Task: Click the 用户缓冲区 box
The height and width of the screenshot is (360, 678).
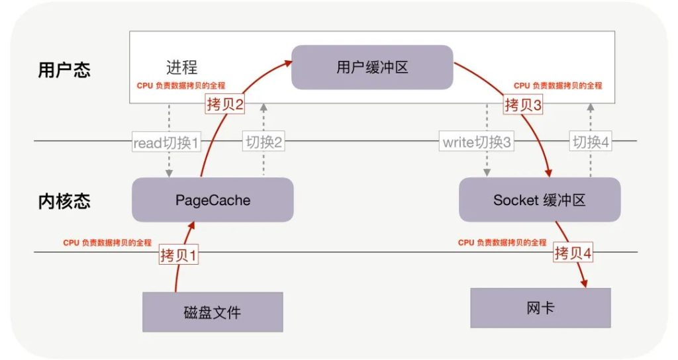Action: click(371, 67)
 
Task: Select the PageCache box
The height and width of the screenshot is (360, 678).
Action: click(213, 199)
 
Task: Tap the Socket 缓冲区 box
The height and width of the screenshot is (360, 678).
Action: click(540, 199)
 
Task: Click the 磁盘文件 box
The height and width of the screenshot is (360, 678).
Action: click(213, 312)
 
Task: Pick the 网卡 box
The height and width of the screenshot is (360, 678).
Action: click(540, 308)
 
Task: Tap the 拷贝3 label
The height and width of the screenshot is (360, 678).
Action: click(523, 104)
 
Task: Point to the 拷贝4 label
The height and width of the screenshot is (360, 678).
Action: click(573, 253)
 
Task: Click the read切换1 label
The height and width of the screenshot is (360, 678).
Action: click(166, 142)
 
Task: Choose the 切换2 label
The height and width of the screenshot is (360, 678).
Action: click(264, 142)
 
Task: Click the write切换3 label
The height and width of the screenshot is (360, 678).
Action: click(476, 142)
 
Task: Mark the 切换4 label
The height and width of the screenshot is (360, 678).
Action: click(590, 142)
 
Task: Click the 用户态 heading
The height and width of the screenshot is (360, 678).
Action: click(64, 70)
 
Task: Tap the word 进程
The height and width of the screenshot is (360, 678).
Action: click(181, 67)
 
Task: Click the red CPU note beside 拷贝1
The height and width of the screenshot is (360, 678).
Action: click(108, 243)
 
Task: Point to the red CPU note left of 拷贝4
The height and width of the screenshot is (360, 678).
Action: click(502, 243)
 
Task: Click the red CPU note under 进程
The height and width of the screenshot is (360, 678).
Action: click(181, 86)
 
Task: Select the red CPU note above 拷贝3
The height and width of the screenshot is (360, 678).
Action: click(557, 86)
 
